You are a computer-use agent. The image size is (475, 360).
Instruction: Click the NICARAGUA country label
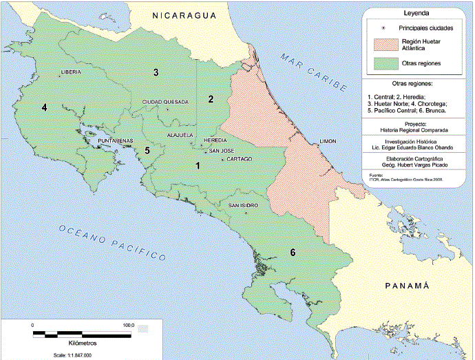(184, 14)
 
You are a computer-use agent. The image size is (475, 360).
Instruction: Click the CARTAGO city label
(238, 159)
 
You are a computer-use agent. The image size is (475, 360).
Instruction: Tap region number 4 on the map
(44, 107)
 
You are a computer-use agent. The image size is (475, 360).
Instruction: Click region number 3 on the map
(156, 72)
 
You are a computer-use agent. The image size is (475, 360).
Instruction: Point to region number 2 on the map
(212, 98)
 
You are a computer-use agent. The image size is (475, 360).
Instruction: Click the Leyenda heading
(418, 14)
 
